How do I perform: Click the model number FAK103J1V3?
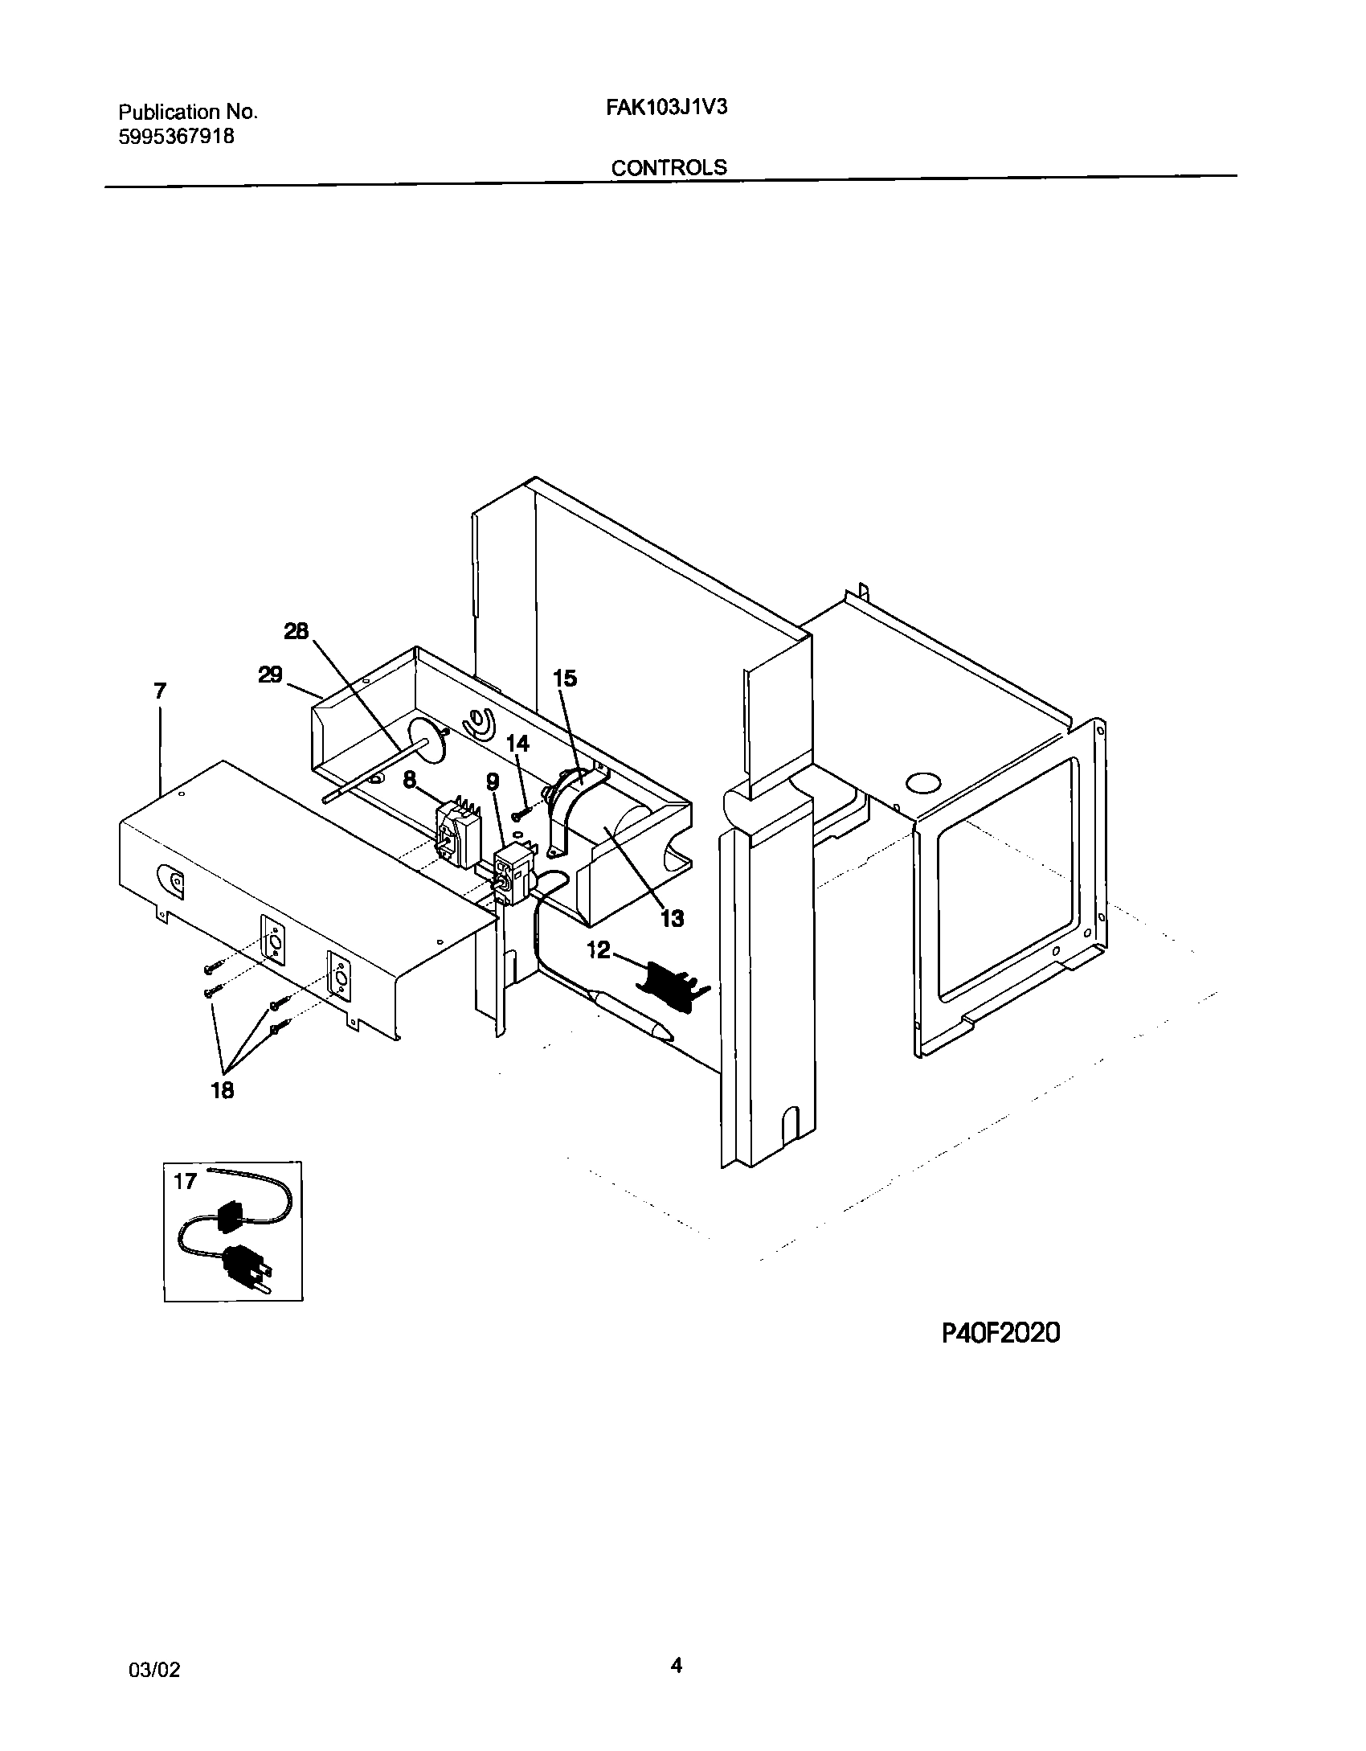pos(666,108)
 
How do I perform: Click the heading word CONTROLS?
pos(669,168)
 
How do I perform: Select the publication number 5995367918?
pos(177,137)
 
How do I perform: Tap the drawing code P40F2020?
pos(1000,1334)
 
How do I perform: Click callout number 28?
pos(297,631)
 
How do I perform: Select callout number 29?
pos(270,675)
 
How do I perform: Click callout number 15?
pos(565,679)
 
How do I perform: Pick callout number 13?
pos(672,918)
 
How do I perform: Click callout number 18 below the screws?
pos(223,1090)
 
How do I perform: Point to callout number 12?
pos(599,950)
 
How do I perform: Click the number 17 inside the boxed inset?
pos(185,1181)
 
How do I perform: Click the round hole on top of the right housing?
pos(923,782)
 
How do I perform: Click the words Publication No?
pos(188,112)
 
